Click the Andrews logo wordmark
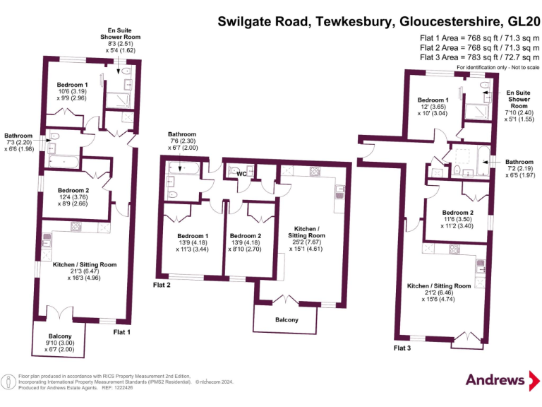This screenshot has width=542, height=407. pos(493,379)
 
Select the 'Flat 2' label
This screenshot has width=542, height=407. pos(162,285)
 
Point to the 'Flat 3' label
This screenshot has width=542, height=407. pos(403,348)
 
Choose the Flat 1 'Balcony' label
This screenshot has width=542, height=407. pos(59,336)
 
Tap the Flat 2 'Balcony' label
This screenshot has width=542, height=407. pos(287,320)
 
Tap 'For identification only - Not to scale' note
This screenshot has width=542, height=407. pos(498,67)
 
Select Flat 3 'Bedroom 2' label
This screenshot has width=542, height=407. pos(457,213)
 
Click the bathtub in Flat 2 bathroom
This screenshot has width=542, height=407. pos(183,170)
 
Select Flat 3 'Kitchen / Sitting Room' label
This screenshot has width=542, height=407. pos(438,285)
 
